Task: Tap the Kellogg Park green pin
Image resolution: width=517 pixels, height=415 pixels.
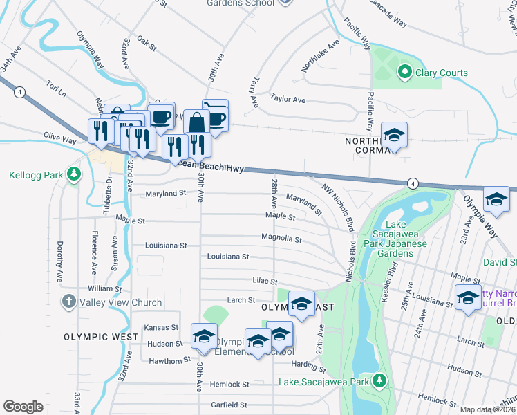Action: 73,175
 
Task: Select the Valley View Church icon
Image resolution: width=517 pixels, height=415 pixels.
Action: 68,302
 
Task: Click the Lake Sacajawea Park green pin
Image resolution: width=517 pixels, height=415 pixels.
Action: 379,380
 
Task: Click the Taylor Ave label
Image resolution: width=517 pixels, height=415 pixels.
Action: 288,100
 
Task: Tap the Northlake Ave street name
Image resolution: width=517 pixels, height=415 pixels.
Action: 320,56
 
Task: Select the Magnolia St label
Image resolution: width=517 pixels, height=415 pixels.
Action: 281,239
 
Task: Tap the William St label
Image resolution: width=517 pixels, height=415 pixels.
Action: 104,288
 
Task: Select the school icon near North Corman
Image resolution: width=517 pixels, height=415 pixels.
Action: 394,136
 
